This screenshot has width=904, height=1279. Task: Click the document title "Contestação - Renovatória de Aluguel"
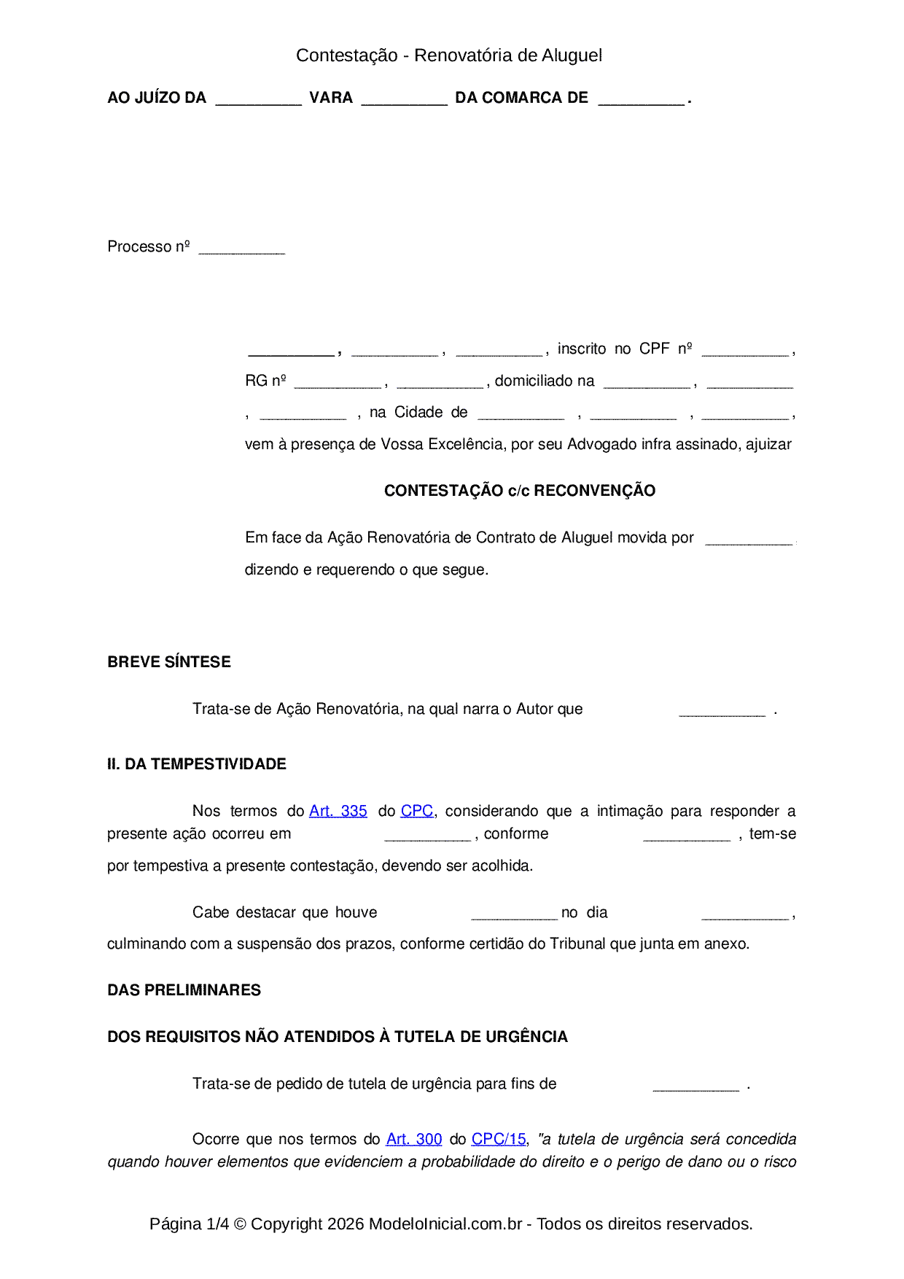pos(448,55)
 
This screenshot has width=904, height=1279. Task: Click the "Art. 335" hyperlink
pos(338,811)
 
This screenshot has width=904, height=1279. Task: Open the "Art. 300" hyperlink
pos(414,1139)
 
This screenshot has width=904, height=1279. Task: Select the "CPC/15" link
pos(499,1139)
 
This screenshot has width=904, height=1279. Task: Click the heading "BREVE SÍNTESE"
pos(169,662)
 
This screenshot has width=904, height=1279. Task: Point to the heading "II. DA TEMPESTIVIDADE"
pos(196,764)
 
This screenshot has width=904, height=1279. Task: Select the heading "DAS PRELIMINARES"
pos(184,990)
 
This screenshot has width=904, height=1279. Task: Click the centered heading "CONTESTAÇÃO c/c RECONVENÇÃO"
pos(520,491)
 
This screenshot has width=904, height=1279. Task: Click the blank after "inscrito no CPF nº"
pos(744,351)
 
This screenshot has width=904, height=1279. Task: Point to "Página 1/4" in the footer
pos(189,1224)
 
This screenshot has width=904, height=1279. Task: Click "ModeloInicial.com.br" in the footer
pos(445,1224)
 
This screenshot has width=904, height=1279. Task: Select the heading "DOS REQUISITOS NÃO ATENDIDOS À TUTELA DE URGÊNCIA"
pos(338,1037)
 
